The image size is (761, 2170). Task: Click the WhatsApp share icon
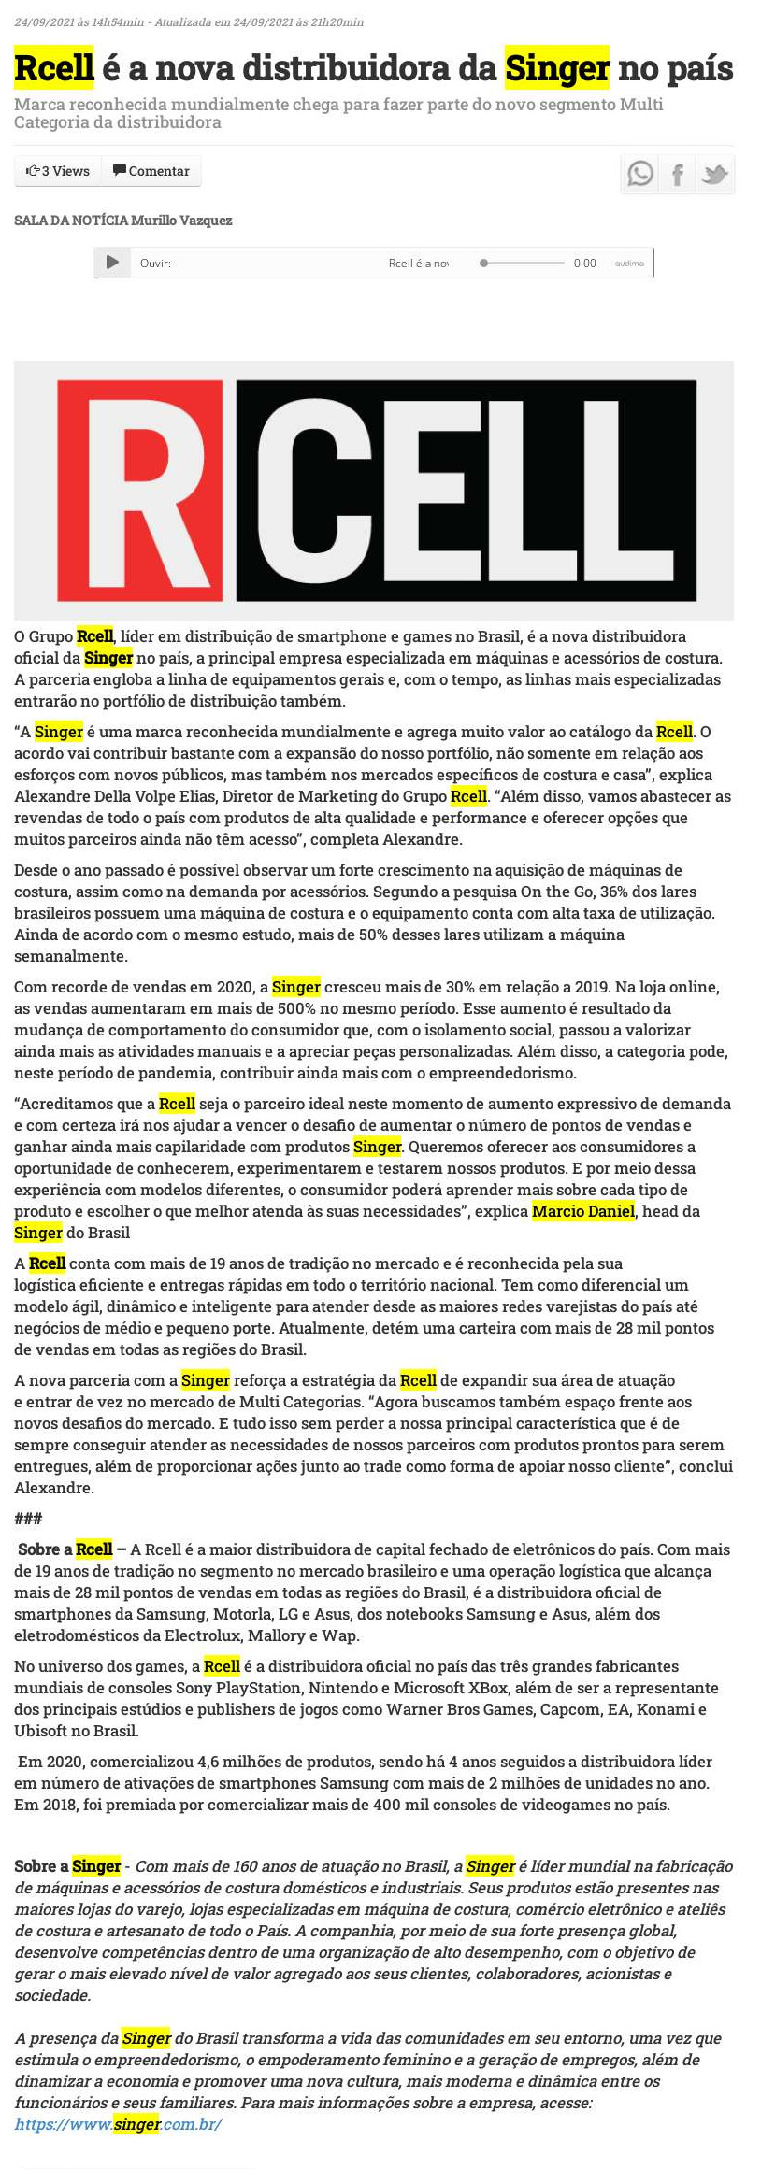click(x=640, y=174)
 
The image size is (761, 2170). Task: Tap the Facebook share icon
click(x=678, y=175)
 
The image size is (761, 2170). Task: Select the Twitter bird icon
click(x=715, y=175)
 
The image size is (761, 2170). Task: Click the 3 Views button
click(x=58, y=171)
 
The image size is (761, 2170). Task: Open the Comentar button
click(x=151, y=171)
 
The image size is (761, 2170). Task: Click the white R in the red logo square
click(x=140, y=489)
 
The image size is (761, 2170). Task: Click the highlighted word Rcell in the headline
click(x=54, y=68)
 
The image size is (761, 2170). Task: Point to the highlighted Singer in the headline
click(x=557, y=68)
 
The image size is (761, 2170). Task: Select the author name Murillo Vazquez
click(x=181, y=221)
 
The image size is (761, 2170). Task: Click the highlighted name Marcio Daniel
click(x=583, y=1211)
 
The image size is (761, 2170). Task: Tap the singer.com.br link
click(x=119, y=2124)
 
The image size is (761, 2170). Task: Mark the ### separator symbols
click(x=28, y=1519)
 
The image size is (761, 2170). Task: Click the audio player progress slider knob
click(x=483, y=264)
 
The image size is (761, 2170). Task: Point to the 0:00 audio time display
click(x=585, y=264)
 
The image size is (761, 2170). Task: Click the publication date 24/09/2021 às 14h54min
click(x=79, y=21)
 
